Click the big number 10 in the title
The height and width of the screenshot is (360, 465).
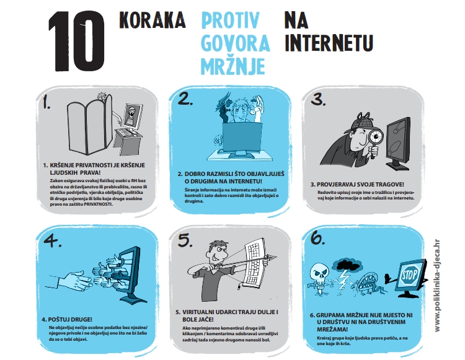click(x=77, y=41)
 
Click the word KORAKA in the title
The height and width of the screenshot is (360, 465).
click(x=152, y=20)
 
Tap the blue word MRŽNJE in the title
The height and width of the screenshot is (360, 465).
click(x=233, y=66)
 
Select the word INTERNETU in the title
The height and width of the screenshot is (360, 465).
click(x=329, y=43)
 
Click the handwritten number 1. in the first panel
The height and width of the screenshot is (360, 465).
click(x=46, y=102)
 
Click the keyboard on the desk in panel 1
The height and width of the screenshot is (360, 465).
click(x=128, y=132)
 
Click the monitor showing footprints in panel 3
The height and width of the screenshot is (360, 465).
click(x=398, y=143)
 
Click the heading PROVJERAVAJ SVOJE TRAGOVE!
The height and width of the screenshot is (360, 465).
click(x=357, y=184)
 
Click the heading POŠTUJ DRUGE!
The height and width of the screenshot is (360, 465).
click(x=67, y=319)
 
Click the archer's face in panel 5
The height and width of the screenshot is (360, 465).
click(x=219, y=252)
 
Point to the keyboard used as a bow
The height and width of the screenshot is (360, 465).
click(x=254, y=262)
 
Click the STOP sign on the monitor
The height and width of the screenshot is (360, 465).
click(x=410, y=274)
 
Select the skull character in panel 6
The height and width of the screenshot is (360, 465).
click(x=319, y=278)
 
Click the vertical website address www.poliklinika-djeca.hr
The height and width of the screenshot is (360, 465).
click(x=437, y=286)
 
